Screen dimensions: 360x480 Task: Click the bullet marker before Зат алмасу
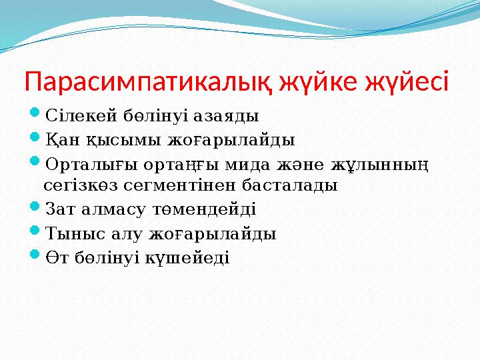click(x=36, y=208)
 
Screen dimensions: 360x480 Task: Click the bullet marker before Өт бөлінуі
click(x=36, y=255)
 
